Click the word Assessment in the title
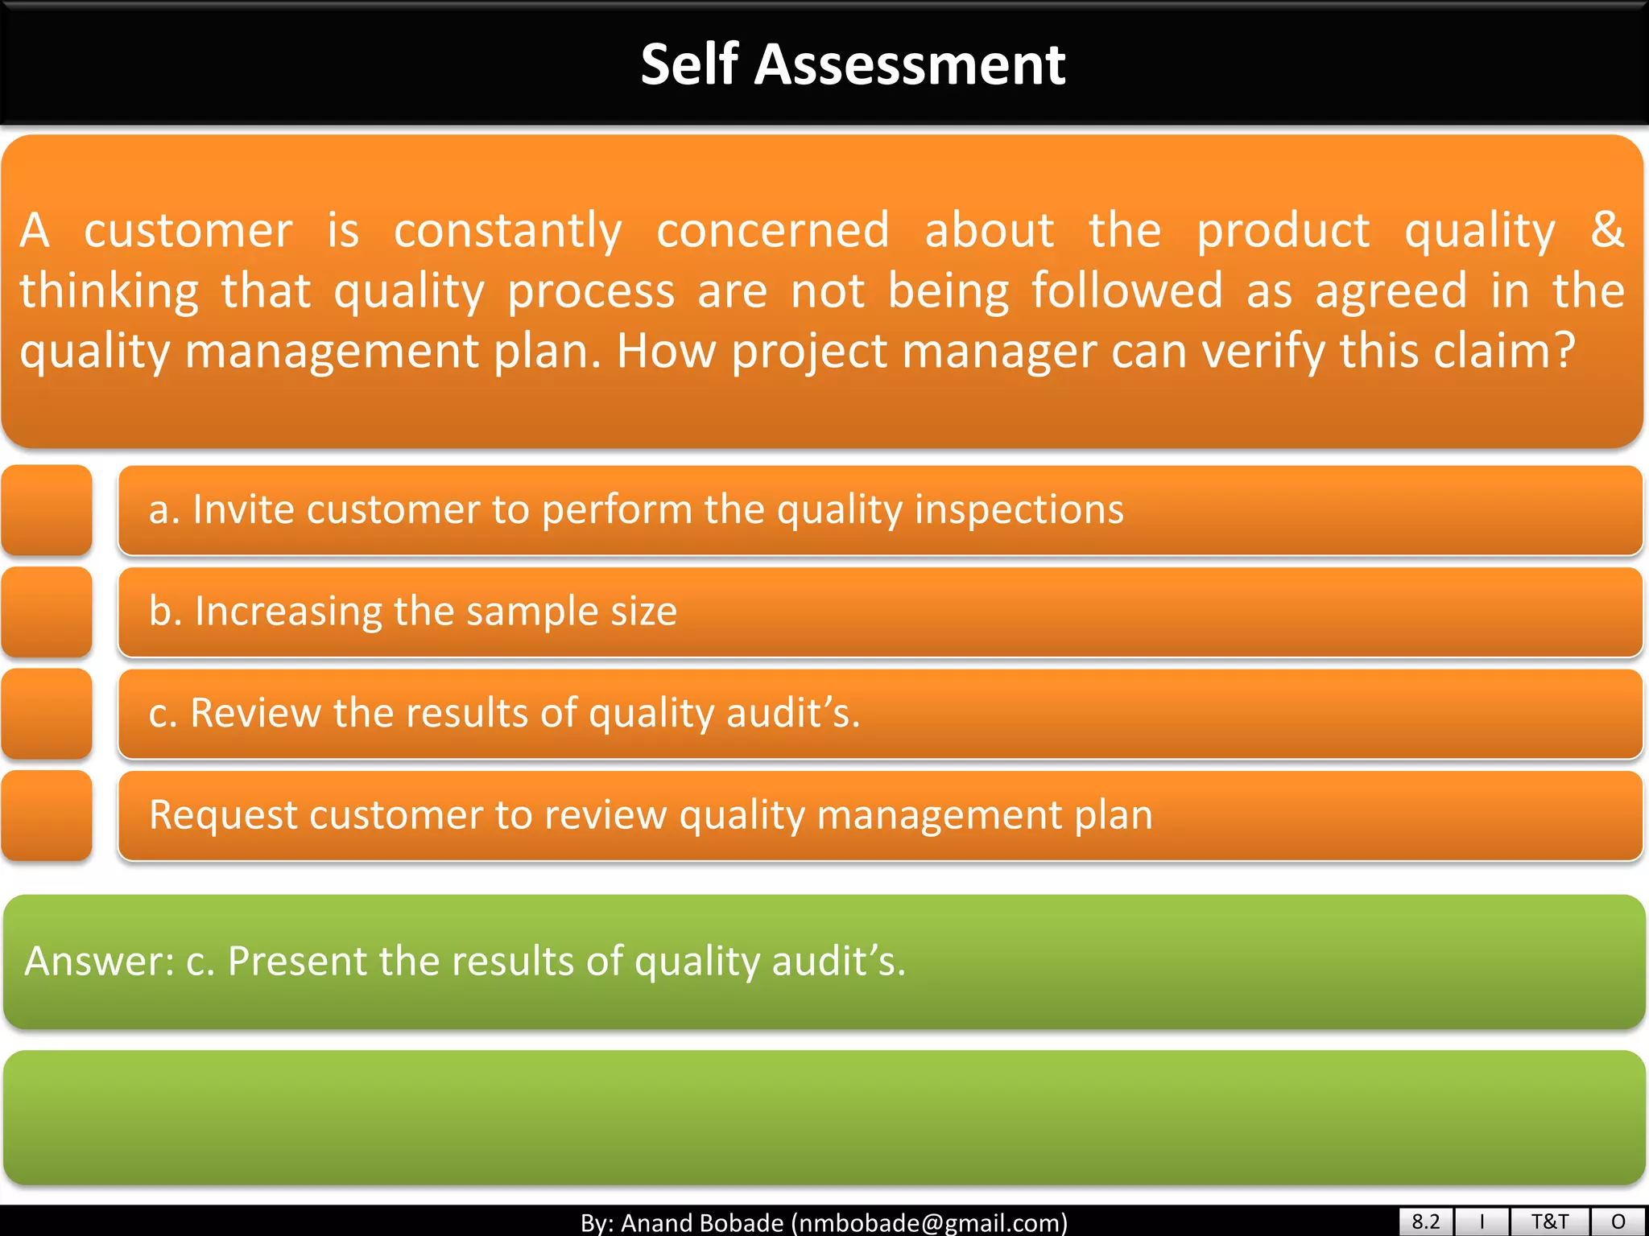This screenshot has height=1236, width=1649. pos(909,64)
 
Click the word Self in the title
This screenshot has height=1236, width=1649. pos(689,64)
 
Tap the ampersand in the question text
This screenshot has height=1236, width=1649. pos(1606,229)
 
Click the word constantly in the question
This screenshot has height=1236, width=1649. pos(507,231)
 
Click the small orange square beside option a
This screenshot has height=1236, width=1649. pos(47,510)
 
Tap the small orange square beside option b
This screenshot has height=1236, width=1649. pos(47,612)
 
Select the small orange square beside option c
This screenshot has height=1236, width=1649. pos(47,714)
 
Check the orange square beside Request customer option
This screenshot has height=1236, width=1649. pos(47,815)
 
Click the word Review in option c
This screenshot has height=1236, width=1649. pos(254,713)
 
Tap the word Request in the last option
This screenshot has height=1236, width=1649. pos(222,815)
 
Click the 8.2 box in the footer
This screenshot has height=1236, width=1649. pos(1425,1222)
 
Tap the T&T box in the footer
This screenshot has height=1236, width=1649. pos(1549,1222)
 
